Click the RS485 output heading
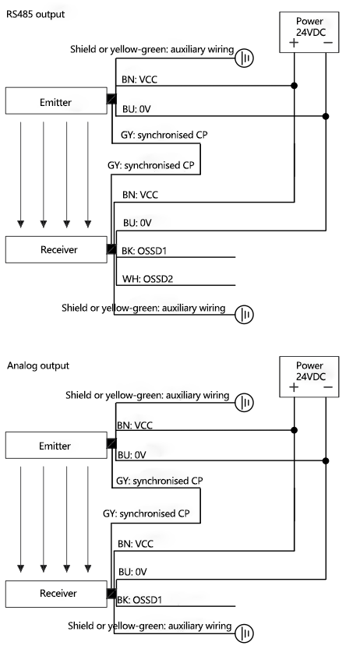click(35, 13)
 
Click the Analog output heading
click(38, 365)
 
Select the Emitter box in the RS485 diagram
click(55, 101)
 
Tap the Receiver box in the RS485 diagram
click(55, 250)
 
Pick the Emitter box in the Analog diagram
click(55, 446)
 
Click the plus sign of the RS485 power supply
click(294, 42)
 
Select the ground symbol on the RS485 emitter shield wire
click(245, 58)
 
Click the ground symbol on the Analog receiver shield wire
click(246, 633)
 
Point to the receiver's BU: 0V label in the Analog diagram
click(132, 572)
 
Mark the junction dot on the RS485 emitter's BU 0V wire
click(325, 117)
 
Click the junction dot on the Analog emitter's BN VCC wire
click(295, 430)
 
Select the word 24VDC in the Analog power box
click(309, 376)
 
